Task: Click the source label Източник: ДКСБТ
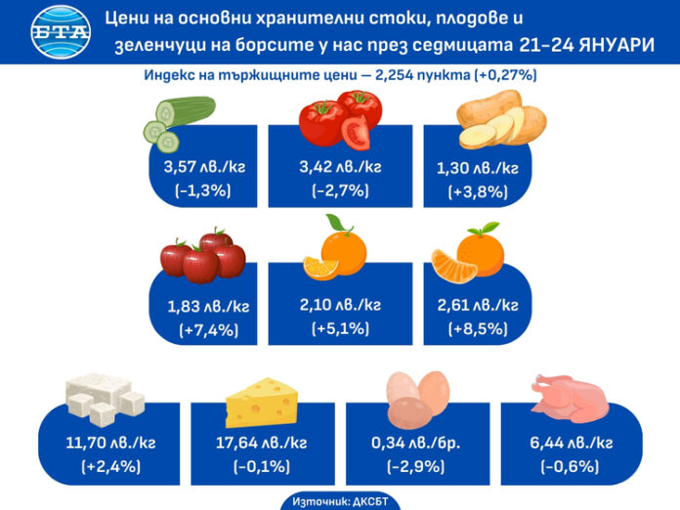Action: point(339,500)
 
